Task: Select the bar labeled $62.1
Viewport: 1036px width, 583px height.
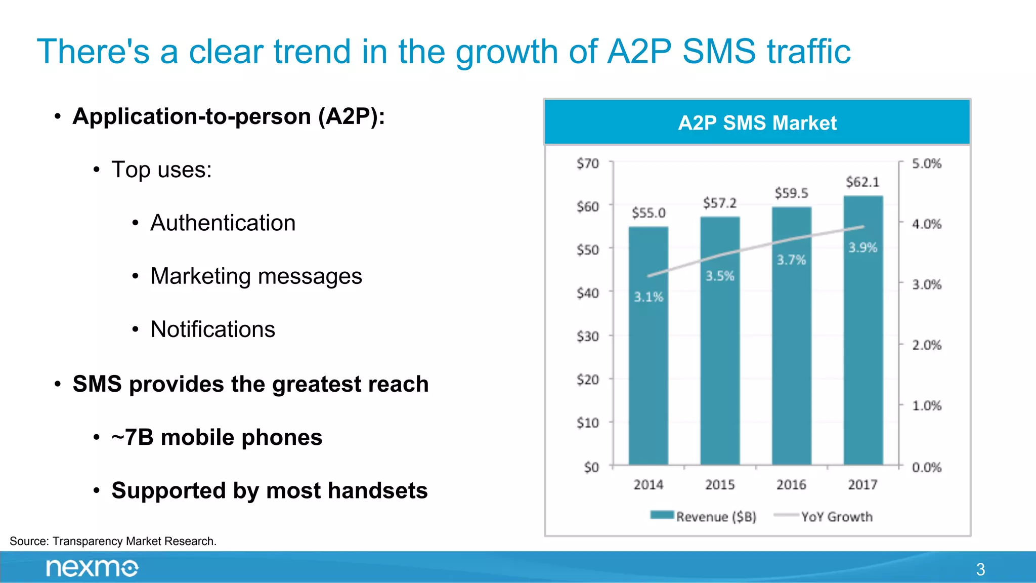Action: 863,344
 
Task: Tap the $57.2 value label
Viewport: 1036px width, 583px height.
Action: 719,203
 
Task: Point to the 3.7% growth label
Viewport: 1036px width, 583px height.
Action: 791,260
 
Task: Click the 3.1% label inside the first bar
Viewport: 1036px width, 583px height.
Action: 648,297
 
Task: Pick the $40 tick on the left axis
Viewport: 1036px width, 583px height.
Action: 587,293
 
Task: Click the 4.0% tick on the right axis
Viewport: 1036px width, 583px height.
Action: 926,224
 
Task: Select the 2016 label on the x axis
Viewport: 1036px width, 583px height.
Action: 791,485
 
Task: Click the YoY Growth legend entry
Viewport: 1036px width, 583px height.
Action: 825,517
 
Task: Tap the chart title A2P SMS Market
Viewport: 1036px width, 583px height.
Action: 757,123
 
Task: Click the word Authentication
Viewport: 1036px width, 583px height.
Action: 223,223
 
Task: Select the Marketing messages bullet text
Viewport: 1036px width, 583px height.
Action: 256,276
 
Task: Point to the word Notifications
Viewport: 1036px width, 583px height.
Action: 212,329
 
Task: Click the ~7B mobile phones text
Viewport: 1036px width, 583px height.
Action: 217,437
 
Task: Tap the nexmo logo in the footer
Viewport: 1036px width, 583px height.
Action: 92,568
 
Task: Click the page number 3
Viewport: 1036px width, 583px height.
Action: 980,569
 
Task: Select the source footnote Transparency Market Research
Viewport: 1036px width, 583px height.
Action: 113,541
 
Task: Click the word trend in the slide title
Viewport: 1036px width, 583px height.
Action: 312,52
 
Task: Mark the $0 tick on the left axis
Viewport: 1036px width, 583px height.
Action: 591,467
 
